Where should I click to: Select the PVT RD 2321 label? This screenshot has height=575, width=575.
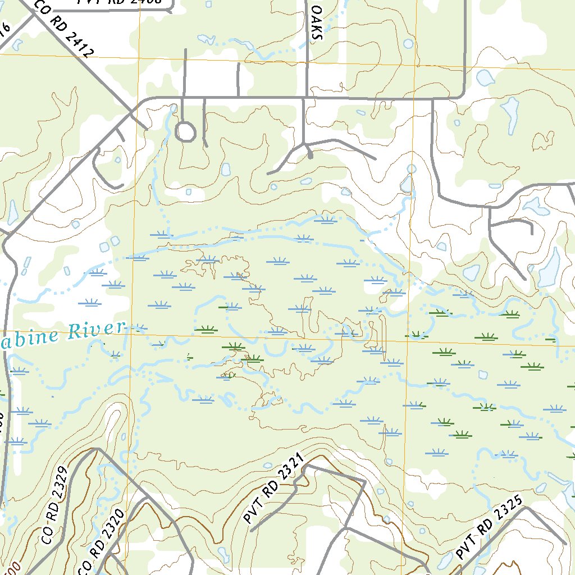pos(273,489)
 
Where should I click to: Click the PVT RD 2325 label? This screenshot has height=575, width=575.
pos(489,527)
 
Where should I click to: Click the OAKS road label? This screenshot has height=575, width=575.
pos(317,24)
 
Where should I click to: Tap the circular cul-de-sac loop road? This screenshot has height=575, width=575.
pos(185,133)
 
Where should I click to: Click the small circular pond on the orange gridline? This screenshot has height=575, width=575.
pos(411,168)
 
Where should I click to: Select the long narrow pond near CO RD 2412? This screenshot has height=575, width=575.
pos(12,212)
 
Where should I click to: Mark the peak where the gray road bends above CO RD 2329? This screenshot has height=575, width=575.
pos(97,449)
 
